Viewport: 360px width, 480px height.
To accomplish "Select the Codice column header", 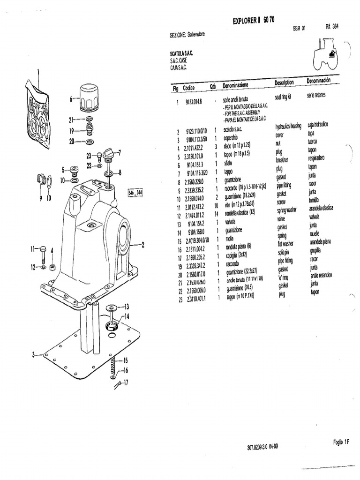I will [189, 88].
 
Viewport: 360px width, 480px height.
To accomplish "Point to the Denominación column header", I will [318, 81].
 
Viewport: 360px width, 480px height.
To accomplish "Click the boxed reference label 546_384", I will [135, 193].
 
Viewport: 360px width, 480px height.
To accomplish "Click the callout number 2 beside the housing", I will [143, 245].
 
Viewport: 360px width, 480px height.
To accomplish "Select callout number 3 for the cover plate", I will [34, 355].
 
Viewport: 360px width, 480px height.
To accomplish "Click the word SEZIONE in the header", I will [178, 35].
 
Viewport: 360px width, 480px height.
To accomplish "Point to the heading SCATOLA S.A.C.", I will [182, 54].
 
